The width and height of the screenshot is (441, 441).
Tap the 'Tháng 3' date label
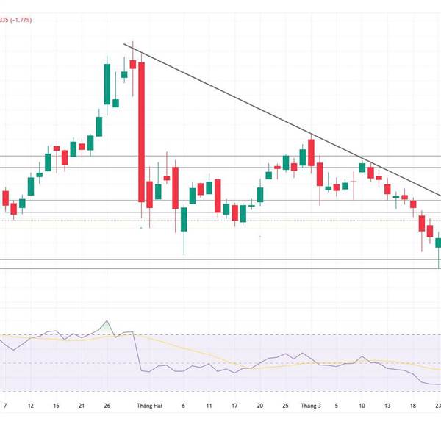pos(312,405)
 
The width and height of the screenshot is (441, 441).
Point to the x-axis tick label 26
pos(107,405)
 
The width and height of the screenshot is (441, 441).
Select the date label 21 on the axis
pos(82,405)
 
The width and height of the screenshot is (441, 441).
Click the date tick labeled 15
pos(56,405)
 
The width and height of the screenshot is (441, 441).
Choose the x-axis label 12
pos(30,405)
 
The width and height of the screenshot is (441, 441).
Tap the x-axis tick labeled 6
pos(184,405)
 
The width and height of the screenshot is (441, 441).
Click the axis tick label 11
pos(209,405)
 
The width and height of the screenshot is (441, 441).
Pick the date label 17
pos(234,405)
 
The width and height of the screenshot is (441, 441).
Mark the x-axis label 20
pos(260,405)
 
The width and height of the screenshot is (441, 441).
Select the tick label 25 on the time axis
pos(286,405)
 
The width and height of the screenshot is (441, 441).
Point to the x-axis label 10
pos(362,405)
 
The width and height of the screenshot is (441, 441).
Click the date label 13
pos(387,405)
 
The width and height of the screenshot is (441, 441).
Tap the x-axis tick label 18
pos(413,405)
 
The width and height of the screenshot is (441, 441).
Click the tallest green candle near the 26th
pos(107,85)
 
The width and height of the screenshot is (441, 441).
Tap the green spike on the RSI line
pos(107,325)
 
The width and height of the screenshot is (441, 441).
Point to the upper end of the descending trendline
pos(124,46)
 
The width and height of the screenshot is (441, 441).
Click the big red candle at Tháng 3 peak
pos(312,151)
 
